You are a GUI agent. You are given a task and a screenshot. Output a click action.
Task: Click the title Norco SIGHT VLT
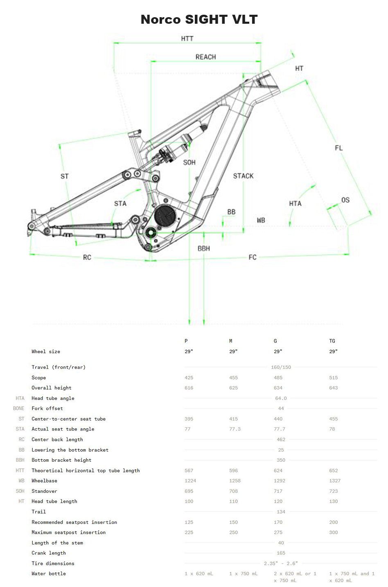[199, 19]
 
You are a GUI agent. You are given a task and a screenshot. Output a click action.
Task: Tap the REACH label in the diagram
[205, 57]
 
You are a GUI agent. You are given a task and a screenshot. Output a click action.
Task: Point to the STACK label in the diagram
[243, 176]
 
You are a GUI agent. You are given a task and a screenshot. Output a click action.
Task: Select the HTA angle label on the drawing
[295, 203]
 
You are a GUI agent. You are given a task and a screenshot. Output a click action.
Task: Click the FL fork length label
[338, 148]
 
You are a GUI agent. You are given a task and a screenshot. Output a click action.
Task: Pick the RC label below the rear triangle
[87, 257]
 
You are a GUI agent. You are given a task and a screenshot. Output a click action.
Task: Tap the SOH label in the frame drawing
[189, 163]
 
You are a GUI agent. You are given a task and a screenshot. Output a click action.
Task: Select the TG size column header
[332, 341]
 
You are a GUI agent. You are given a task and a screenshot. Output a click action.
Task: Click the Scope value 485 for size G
[278, 377]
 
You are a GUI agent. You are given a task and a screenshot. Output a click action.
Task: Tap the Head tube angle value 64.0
[281, 398]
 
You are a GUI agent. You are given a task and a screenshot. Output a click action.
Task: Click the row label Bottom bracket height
[61, 460]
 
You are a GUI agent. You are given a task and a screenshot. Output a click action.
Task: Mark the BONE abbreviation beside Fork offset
[18, 409]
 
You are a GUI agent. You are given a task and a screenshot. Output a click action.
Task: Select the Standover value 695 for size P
[189, 491]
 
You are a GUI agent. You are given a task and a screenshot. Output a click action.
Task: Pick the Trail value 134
[281, 512]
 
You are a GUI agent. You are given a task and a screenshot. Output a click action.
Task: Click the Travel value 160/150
[281, 367]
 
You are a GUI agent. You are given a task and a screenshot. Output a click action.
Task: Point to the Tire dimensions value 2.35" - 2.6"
[281, 563]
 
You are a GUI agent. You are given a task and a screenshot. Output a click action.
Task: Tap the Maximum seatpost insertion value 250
[233, 532]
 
